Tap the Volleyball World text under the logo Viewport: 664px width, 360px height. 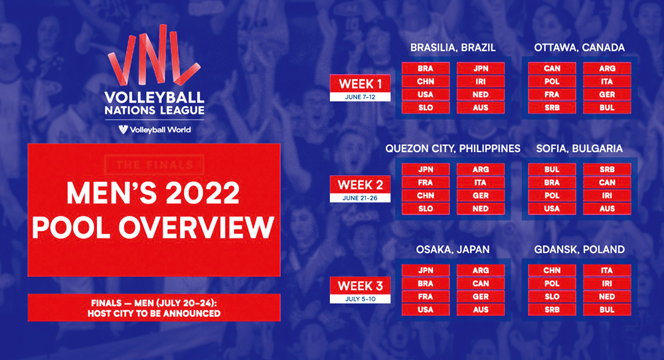pyautogui.click(x=160, y=130)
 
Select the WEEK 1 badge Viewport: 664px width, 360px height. pyautogui.click(x=360, y=88)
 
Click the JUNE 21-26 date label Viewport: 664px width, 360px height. pyautogui.click(x=360, y=198)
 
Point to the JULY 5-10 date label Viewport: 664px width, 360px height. pyautogui.click(x=360, y=299)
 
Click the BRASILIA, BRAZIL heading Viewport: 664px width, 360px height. pyautogui.click(x=453, y=47)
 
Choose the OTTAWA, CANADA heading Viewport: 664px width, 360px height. pyautogui.click(x=579, y=47)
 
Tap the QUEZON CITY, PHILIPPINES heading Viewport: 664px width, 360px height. pyautogui.click(x=453, y=149)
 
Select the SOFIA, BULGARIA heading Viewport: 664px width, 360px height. pyautogui.click(x=579, y=149)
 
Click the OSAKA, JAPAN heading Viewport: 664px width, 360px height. pyautogui.click(x=453, y=250)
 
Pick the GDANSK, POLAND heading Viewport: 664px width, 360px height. pyautogui.click(x=579, y=250)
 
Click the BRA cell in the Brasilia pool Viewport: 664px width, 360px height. pyautogui.click(x=426, y=68)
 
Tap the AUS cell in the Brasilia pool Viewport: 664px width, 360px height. pyautogui.click(x=481, y=108)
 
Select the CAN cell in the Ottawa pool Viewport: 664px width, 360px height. pyautogui.click(x=552, y=68)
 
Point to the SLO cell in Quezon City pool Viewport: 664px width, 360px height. pyautogui.click(x=426, y=209)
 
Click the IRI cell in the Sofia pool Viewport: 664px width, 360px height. pyautogui.click(x=607, y=195)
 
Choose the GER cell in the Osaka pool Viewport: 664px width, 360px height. pyautogui.click(x=481, y=296)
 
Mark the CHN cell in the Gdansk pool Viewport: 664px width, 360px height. pyautogui.click(x=552, y=270)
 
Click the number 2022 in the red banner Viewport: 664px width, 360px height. pyautogui.click(x=203, y=193)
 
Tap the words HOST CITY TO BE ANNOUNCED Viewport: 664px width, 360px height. pyautogui.click(x=154, y=314)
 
